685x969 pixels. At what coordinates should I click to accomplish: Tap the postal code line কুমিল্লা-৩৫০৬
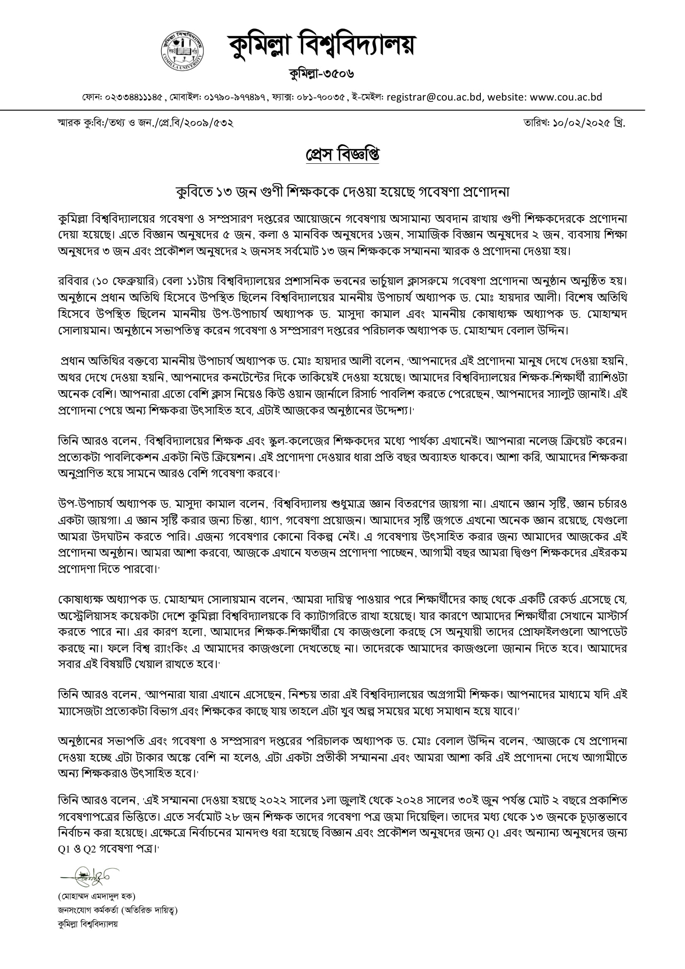pos(321,74)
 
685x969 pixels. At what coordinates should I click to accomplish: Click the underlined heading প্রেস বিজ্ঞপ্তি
pos(342,155)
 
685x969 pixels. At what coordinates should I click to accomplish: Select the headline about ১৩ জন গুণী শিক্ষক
pos(342,192)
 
